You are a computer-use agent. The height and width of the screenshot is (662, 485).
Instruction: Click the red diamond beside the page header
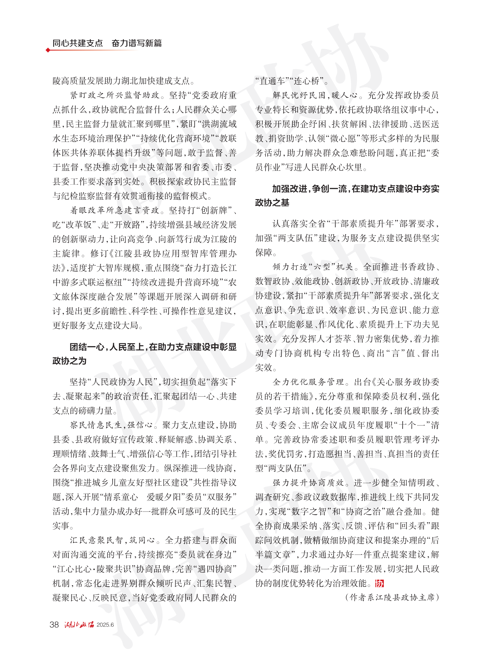(48, 50)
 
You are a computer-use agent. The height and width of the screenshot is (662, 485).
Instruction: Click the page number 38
(54, 624)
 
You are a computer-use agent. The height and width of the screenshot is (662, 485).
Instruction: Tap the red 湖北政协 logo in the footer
(79, 624)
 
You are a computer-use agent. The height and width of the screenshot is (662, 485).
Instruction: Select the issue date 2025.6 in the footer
(105, 625)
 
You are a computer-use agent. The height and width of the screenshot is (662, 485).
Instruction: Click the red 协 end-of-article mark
(379, 584)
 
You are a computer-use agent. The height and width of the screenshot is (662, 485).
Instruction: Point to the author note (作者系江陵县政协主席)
(392, 598)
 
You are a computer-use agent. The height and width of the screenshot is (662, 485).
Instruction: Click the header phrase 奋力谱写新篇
(137, 43)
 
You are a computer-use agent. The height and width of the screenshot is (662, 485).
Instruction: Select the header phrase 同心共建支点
(78, 43)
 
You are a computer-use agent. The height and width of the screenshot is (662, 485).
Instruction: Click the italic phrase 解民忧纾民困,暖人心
(315, 95)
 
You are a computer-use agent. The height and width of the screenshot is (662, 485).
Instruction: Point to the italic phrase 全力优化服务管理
(308, 382)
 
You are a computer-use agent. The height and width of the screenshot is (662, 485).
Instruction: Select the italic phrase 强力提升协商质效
(308, 483)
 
